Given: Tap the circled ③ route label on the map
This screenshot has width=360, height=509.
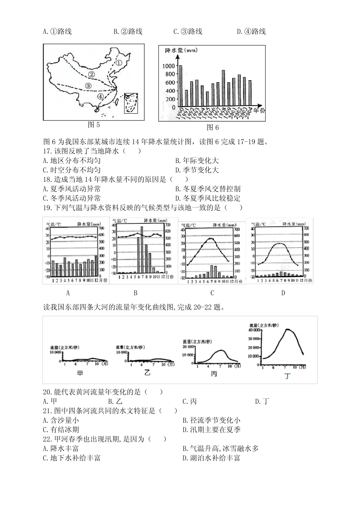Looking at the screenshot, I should tap(88, 86).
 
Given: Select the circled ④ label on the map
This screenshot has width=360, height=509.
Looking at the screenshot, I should tap(100, 97).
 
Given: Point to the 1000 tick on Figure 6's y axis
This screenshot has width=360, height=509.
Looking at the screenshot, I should tap(169, 66).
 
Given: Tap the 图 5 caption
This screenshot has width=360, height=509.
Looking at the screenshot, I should tap(94, 125).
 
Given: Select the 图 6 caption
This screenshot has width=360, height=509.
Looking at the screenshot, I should tap(213, 128).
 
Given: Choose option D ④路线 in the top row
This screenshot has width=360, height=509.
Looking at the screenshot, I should tap(251, 31).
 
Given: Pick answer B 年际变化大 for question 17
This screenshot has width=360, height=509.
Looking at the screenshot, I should tap(197, 161).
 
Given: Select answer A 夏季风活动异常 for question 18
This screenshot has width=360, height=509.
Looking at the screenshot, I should tap(72, 189).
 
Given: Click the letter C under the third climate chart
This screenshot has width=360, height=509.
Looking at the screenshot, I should tap(212, 293).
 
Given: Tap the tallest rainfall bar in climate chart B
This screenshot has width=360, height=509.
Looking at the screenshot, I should tap(142, 249).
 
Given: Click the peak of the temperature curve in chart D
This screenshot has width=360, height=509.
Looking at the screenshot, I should tap(279, 244).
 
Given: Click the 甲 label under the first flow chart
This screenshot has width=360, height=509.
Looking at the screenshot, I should tap(80, 373).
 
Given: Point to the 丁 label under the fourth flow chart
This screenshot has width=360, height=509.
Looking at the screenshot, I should tap(288, 376).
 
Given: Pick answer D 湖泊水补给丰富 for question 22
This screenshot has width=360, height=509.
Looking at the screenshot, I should tap(211, 458).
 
